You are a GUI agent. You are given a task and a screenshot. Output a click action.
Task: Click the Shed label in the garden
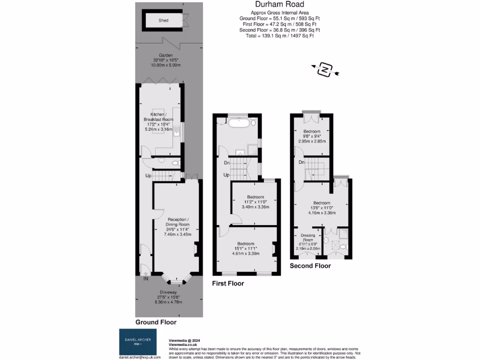(163, 21)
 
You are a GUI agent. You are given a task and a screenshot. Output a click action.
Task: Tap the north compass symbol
(324, 70)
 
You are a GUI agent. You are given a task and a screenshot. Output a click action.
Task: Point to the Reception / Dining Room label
(177, 223)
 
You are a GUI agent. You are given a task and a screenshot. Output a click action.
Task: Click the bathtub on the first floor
(239, 123)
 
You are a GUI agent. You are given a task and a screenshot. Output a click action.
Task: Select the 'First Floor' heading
(228, 283)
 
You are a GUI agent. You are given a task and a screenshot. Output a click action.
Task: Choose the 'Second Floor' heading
(310, 266)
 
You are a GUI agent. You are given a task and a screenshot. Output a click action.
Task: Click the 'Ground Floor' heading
(156, 322)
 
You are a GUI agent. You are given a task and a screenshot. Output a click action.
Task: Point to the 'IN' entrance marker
(145, 279)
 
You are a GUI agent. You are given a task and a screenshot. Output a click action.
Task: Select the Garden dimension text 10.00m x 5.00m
(165, 65)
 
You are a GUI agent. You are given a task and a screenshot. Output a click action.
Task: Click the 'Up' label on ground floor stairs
(148, 176)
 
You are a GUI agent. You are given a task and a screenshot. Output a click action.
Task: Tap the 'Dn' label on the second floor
(301, 162)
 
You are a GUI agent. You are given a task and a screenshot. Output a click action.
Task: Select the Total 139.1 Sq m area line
(279, 36)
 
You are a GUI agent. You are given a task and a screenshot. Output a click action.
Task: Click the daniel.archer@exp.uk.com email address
(139, 357)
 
